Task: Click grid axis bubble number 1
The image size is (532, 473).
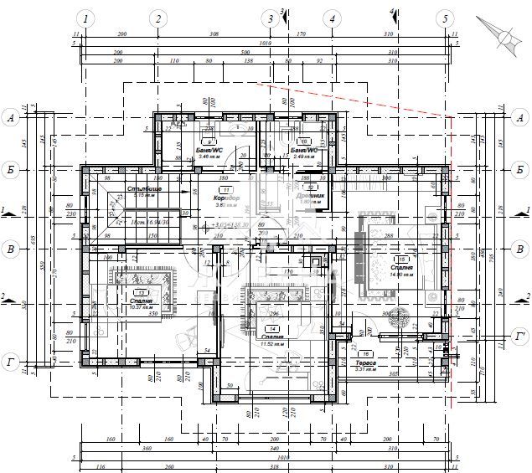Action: [x=86, y=18]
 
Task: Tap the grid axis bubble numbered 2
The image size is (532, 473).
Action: [x=158, y=18]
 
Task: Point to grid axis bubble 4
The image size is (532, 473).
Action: [x=333, y=18]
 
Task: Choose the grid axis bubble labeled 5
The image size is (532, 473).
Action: [x=446, y=18]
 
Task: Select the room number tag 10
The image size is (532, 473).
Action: [x=304, y=142]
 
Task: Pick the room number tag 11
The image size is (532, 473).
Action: [x=225, y=191]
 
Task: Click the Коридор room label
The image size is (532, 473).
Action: [x=227, y=198]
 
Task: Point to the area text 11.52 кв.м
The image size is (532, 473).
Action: [x=270, y=343]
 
